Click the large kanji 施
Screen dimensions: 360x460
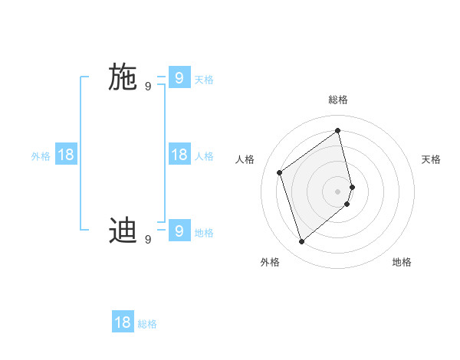click(x=123, y=78)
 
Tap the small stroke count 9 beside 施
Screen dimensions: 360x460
click(x=148, y=87)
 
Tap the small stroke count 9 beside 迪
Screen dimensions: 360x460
click(x=148, y=240)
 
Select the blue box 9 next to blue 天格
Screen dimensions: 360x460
click(x=179, y=78)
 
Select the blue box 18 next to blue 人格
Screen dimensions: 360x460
click(x=179, y=155)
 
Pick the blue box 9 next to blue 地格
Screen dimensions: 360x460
click(x=179, y=231)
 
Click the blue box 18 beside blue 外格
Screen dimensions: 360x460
click(x=66, y=155)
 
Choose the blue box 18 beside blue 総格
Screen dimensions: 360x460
click(x=123, y=322)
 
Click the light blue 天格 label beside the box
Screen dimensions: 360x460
click(x=204, y=80)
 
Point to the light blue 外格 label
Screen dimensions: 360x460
click(x=41, y=156)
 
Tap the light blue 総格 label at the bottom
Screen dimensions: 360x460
click(x=147, y=324)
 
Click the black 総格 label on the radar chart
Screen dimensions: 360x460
click(x=338, y=100)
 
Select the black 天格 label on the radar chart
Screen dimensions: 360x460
click(x=431, y=159)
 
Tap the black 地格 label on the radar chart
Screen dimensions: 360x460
click(x=402, y=262)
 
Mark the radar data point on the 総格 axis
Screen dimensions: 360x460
click(x=338, y=130)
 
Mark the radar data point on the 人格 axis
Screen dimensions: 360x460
click(x=280, y=172)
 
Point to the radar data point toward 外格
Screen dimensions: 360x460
click(x=302, y=242)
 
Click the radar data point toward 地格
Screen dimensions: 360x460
click(x=347, y=204)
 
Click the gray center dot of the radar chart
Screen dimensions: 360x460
click(x=338, y=191)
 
